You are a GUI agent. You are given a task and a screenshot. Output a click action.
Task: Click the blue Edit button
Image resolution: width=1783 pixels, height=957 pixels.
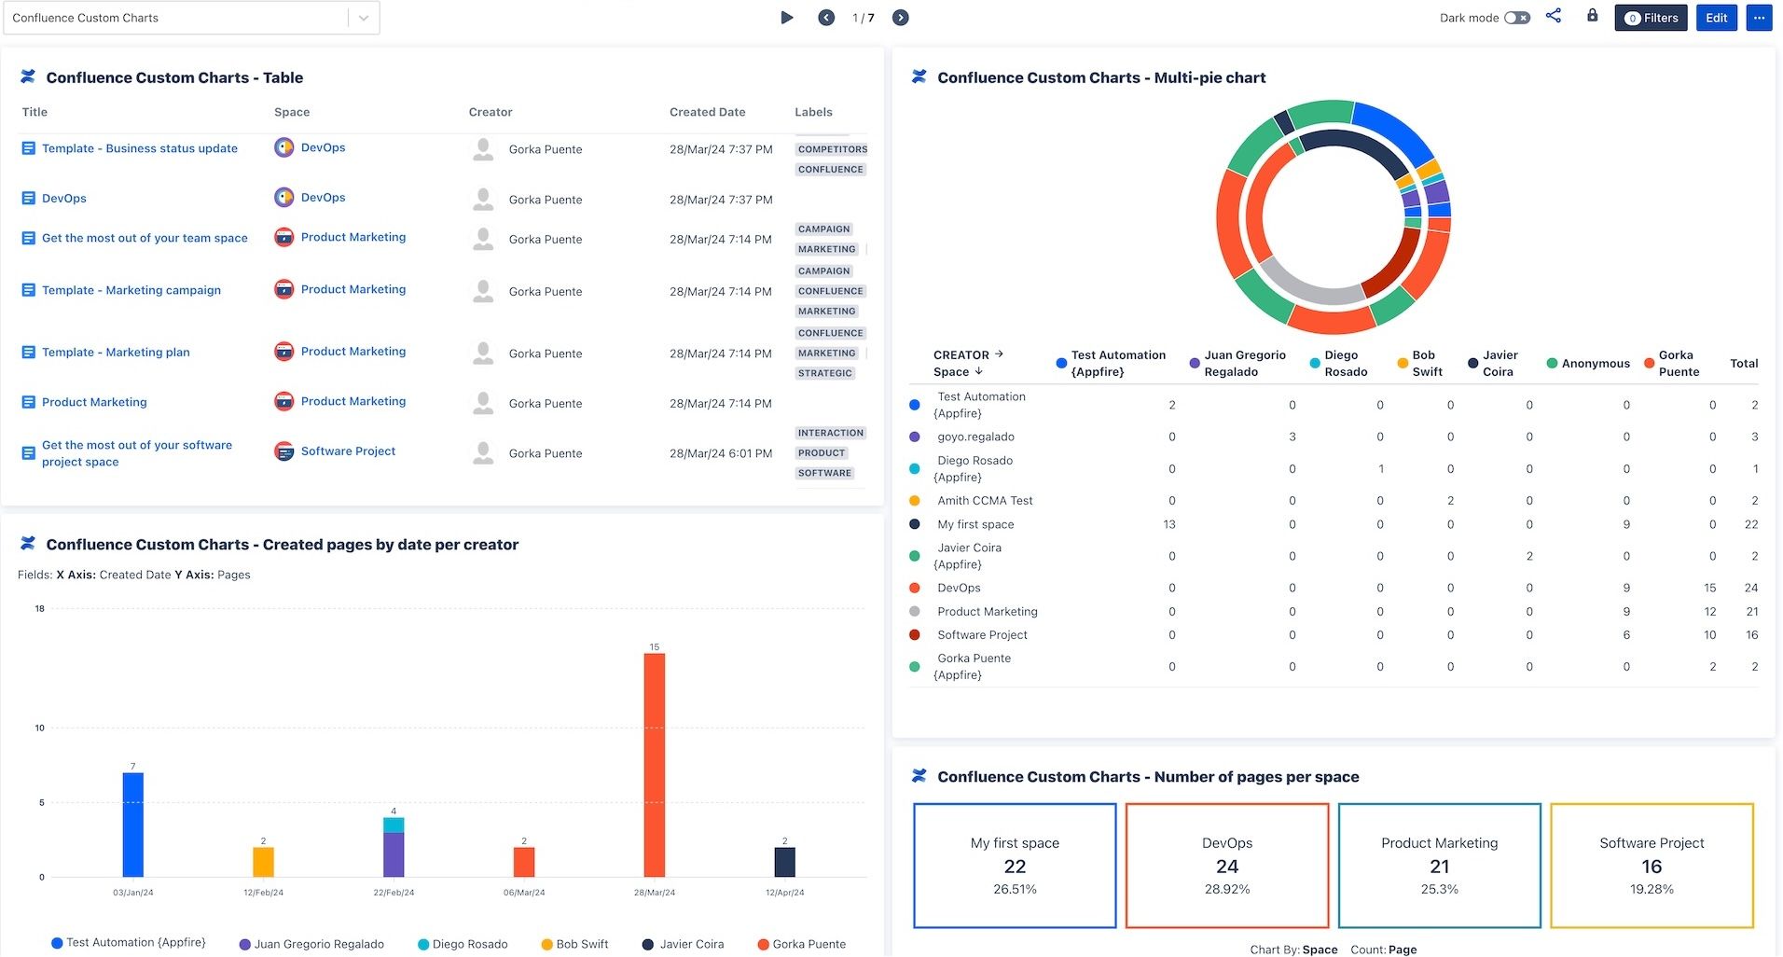click(1716, 18)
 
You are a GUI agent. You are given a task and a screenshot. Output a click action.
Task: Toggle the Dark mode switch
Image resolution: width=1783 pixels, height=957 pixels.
click(1517, 18)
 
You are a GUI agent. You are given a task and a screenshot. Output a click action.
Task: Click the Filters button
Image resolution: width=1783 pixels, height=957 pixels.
click(1651, 18)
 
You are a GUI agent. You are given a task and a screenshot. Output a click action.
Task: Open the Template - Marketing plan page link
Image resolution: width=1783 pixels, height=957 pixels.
click(116, 353)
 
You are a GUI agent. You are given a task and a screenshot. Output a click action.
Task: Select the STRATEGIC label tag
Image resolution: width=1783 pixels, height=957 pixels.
click(824, 373)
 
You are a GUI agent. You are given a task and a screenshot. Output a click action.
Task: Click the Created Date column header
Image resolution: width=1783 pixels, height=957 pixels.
click(707, 112)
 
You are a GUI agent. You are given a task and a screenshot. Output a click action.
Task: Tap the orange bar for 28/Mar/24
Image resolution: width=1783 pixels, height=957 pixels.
click(655, 765)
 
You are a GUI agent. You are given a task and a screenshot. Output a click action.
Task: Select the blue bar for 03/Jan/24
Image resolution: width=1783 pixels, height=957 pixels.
click(133, 825)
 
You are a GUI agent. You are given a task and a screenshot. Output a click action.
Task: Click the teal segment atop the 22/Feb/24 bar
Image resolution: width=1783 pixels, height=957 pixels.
click(394, 825)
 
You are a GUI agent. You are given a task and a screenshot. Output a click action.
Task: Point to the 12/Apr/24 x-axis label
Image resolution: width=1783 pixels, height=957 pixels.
click(784, 893)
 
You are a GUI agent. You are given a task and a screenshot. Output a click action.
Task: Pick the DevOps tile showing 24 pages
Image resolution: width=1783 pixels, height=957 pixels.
click(1226, 866)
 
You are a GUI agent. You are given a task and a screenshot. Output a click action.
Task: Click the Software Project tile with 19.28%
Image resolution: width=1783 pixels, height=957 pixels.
click(1652, 866)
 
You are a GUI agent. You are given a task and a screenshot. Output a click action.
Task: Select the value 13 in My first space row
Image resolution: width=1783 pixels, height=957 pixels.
click(1168, 525)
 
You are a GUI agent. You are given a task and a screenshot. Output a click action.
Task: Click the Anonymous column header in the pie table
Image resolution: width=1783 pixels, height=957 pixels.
click(1595, 364)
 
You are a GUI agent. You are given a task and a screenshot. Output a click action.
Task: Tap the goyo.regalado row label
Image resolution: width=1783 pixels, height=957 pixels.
click(975, 437)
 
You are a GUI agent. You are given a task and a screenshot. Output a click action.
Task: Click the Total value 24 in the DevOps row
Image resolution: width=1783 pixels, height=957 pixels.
click(1750, 589)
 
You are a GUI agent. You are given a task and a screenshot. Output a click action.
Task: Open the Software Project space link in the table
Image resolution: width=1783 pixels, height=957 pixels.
click(348, 451)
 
